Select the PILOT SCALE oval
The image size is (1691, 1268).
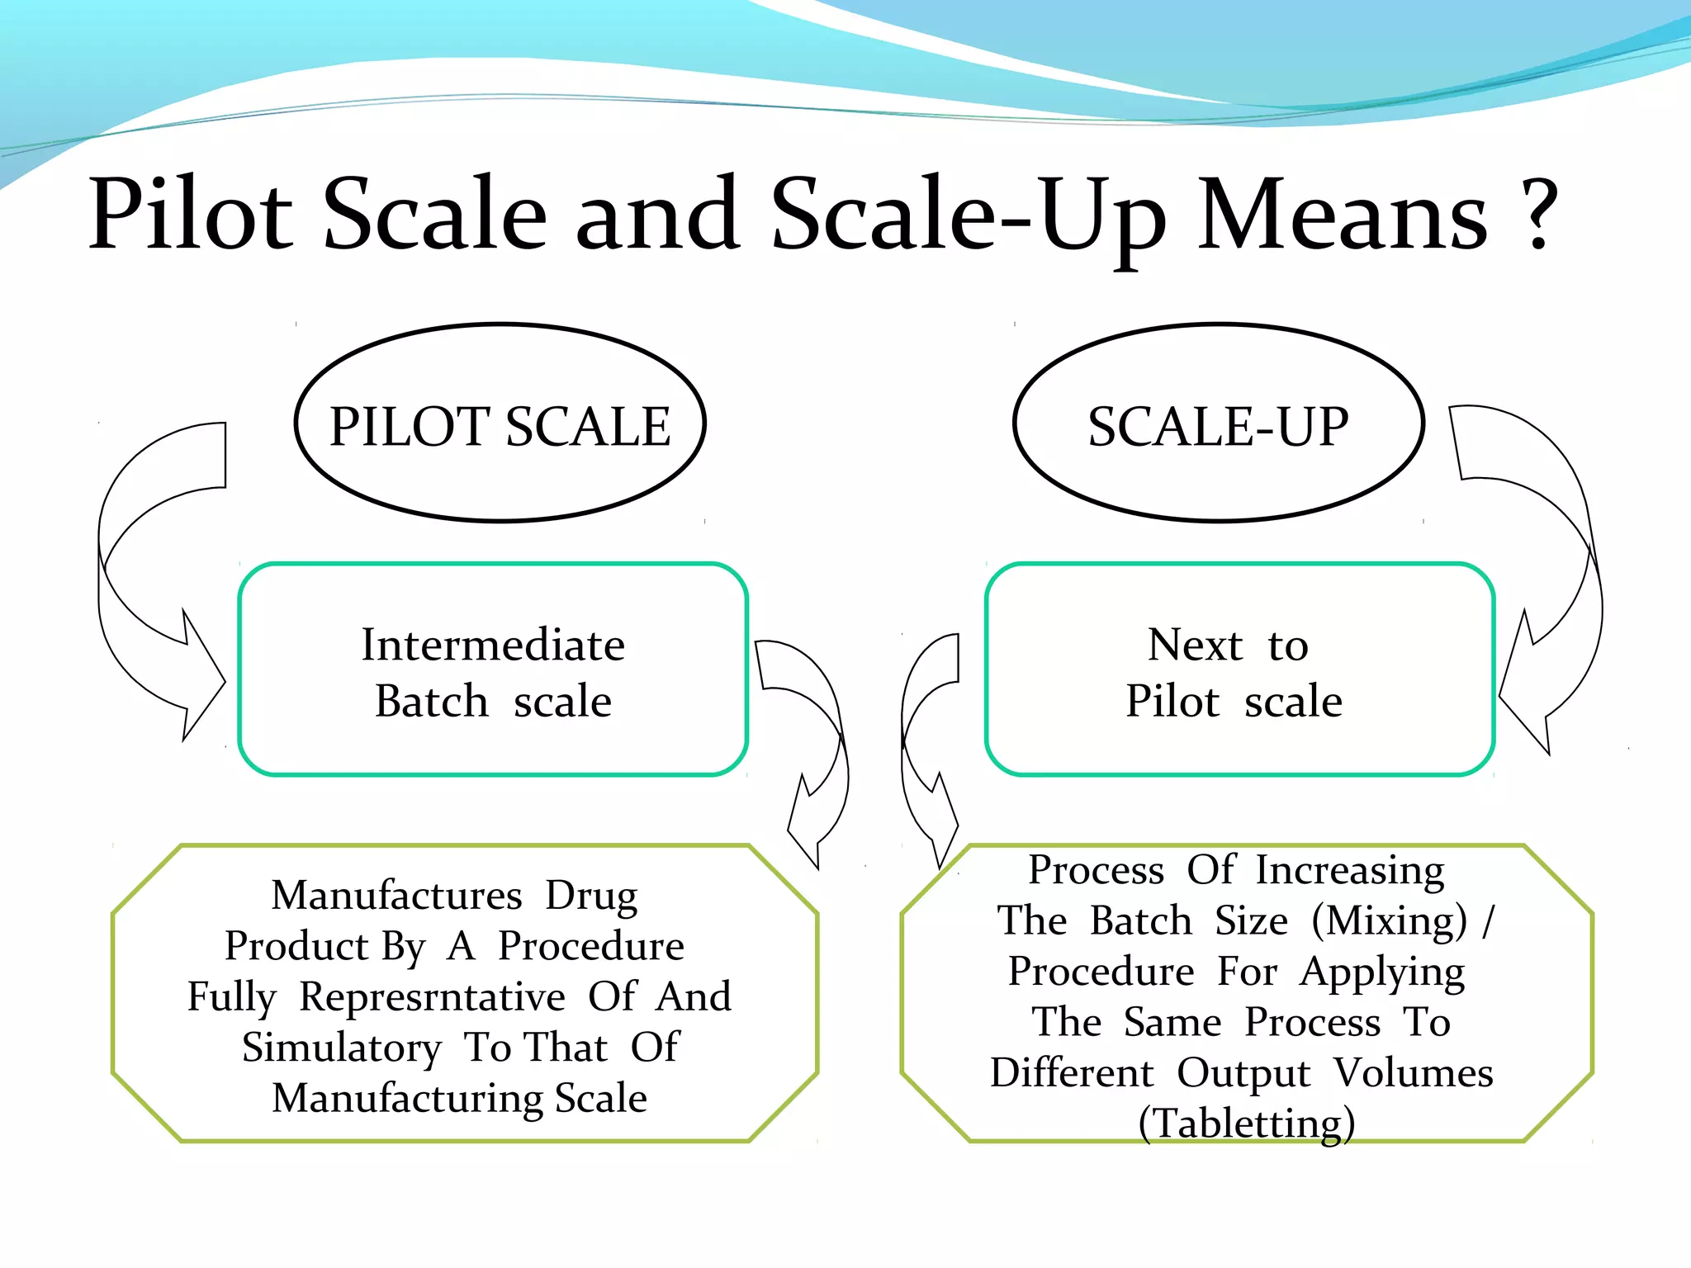(x=500, y=423)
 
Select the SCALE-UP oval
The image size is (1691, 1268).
(x=1218, y=423)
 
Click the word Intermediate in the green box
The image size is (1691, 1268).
(x=493, y=645)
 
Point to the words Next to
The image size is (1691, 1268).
(x=1228, y=645)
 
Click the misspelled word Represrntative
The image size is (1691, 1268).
(x=432, y=996)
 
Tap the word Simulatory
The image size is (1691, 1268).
(x=342, y=1048)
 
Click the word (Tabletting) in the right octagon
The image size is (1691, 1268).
(x=1246, y=1124)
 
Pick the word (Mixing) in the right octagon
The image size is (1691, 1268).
(x=1390, y=920)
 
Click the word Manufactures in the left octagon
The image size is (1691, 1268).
(x=397, y=896)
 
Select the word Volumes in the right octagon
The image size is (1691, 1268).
(x=1414, y=1073)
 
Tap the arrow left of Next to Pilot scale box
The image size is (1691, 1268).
(x=921, y=743)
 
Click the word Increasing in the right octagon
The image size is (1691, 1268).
(x=1350, y=870)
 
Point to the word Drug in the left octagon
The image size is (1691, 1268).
(x=591, y=896)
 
